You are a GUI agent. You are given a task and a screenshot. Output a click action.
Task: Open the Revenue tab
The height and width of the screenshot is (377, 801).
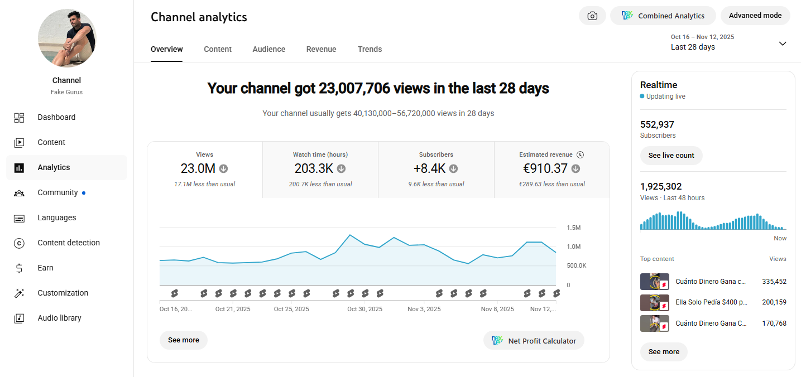click(x=321, y=49)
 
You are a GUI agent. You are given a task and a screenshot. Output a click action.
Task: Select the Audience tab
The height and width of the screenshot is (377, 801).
click(x=269, y=49)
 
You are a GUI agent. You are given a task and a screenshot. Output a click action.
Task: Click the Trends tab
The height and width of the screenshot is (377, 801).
click(x=370, y=49)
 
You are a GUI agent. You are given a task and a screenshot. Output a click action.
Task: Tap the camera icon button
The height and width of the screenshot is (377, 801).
click(x=592, y=16)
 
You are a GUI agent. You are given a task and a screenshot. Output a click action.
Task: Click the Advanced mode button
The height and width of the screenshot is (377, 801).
click(x=755, y=16)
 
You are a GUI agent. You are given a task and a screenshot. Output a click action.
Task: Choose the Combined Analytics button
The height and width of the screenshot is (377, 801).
click(x=663, y=16)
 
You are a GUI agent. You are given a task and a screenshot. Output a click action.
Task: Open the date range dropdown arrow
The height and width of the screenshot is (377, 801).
click(x=783, y=43)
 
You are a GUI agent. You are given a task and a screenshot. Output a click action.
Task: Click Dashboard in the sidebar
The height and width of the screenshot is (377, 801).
click(x=56, y=117)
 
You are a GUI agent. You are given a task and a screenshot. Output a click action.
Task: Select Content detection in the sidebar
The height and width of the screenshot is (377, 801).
click(x=69, y=243)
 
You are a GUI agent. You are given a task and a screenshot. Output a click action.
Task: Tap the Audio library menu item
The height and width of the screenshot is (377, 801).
click(x=59, y=318)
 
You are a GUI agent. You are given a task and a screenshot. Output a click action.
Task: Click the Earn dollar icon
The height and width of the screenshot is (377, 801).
click(x=20, y=268)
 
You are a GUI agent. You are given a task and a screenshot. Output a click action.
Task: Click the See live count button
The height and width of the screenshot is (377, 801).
click(x=671, y=156)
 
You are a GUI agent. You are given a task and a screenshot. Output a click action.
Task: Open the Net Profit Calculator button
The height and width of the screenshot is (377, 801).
click(x=534, y=341)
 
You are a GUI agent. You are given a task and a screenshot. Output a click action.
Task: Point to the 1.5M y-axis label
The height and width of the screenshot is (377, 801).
click(x=574, y=228)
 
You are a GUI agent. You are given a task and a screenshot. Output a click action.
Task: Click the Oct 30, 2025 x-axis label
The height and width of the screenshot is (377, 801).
click(x=364, y=309)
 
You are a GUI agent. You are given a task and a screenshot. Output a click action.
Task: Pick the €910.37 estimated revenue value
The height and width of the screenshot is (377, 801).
click(x=545, y=168)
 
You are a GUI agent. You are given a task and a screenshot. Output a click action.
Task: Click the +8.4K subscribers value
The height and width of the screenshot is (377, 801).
click(x=429, y=168)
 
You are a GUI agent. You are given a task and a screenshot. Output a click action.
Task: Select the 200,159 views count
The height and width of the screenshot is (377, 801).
click(x=774, y=302)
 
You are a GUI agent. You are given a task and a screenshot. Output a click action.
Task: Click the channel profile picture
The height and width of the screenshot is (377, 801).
click(x=67, y=38)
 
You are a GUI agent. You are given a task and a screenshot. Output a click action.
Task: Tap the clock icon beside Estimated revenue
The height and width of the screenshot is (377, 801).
click(x=581, y=154)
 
